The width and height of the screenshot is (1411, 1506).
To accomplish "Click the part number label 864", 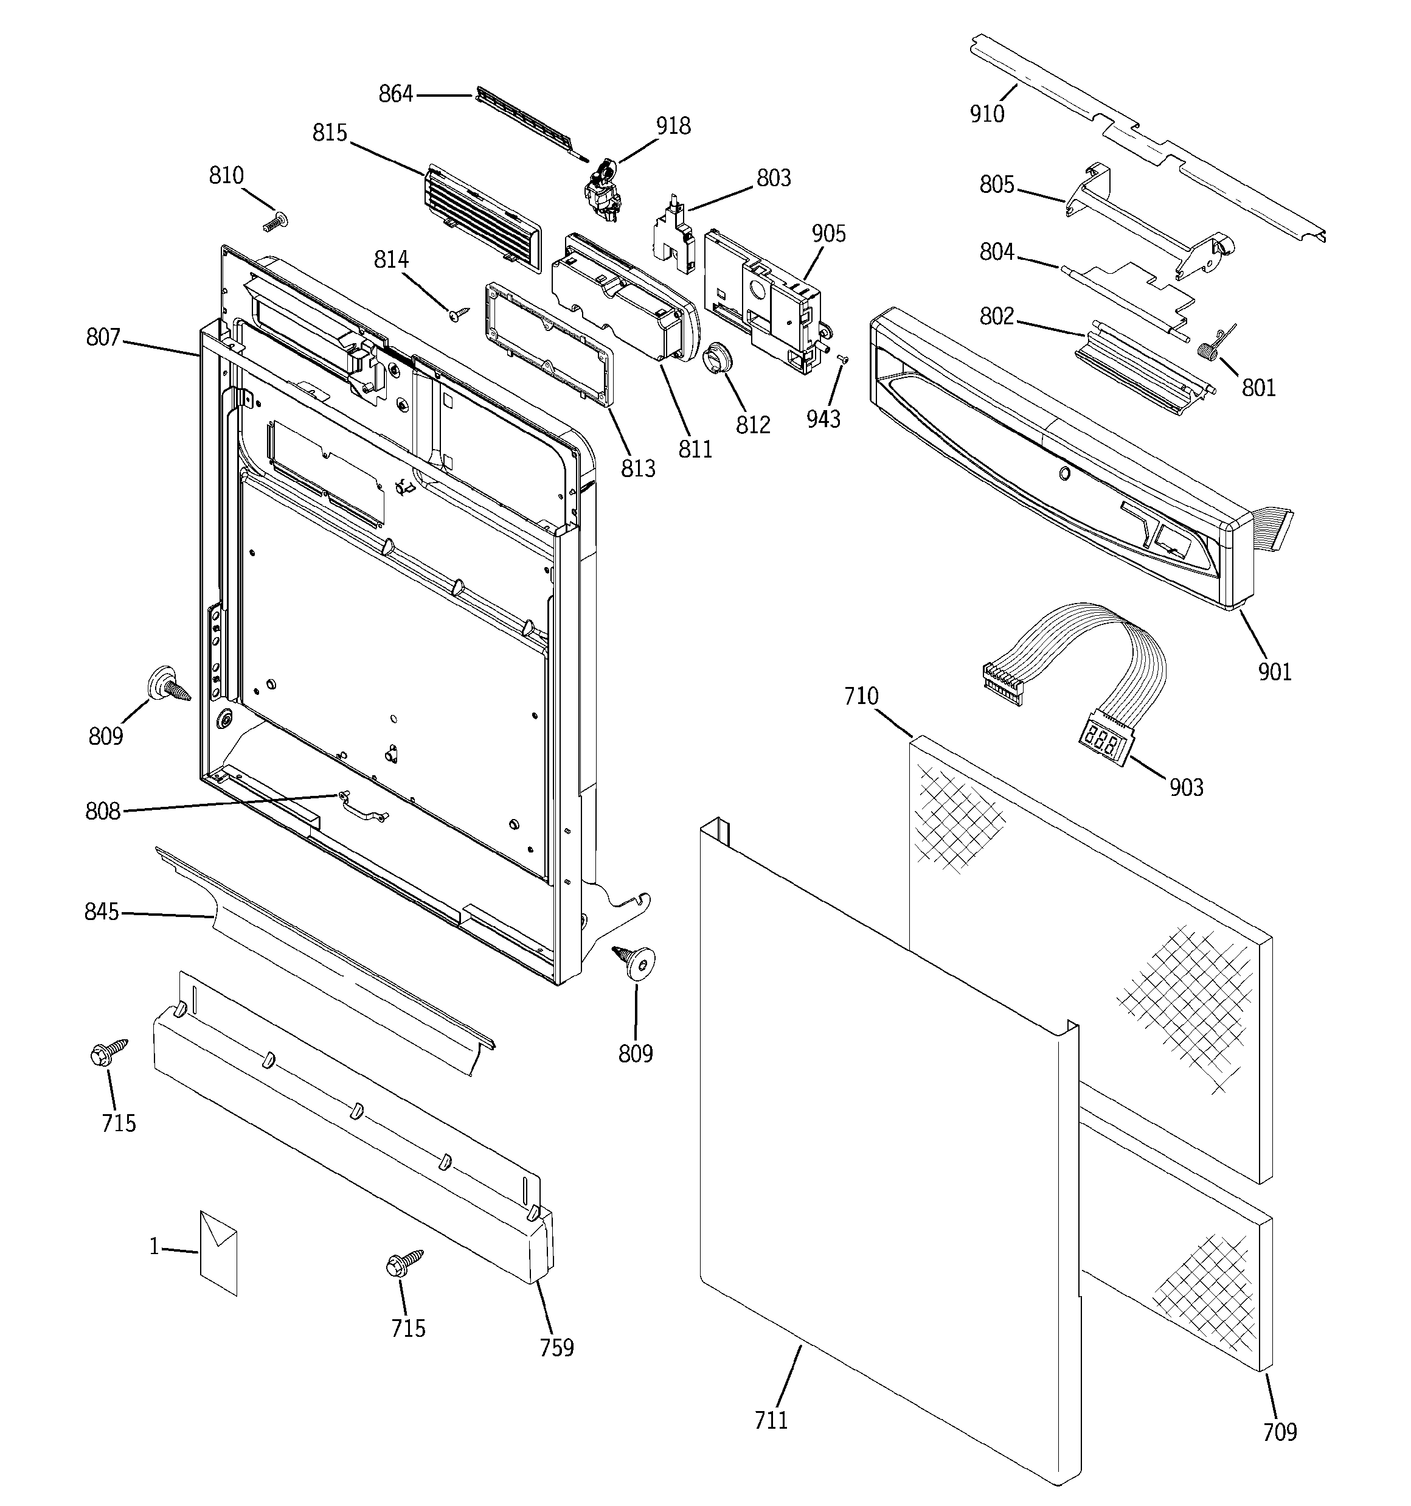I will coord(395,94).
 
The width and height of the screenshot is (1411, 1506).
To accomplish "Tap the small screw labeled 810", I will coord(275,223).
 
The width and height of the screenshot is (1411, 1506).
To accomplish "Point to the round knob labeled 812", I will coord(716,358).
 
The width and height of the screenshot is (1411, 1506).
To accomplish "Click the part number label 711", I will coord(771,1420).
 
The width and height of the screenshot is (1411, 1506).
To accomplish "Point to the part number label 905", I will coord(828,233).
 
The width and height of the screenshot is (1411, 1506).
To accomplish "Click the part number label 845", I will coord(102,912).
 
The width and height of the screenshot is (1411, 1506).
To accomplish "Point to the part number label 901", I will coord(1275,671).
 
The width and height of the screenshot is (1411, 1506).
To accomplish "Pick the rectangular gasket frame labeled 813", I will coord(549,344).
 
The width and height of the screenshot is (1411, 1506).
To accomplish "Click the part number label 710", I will coord(861,695).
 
